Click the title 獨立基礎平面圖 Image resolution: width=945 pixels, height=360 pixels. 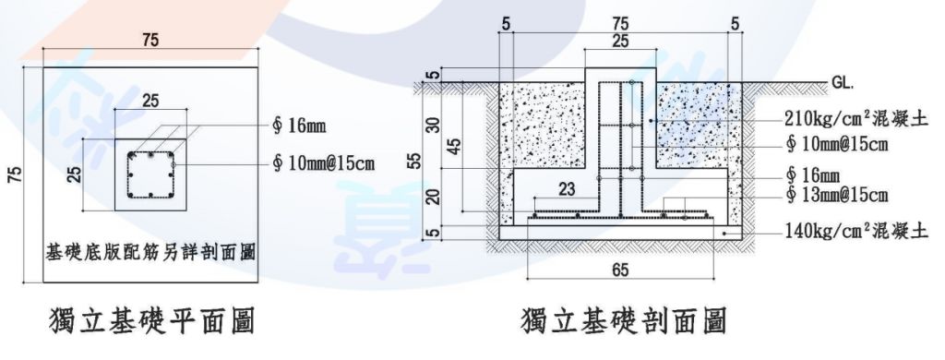[151, 322]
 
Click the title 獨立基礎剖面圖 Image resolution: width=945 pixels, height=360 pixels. [624, 322]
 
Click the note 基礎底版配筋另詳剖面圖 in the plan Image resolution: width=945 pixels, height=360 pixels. [151, 249]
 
